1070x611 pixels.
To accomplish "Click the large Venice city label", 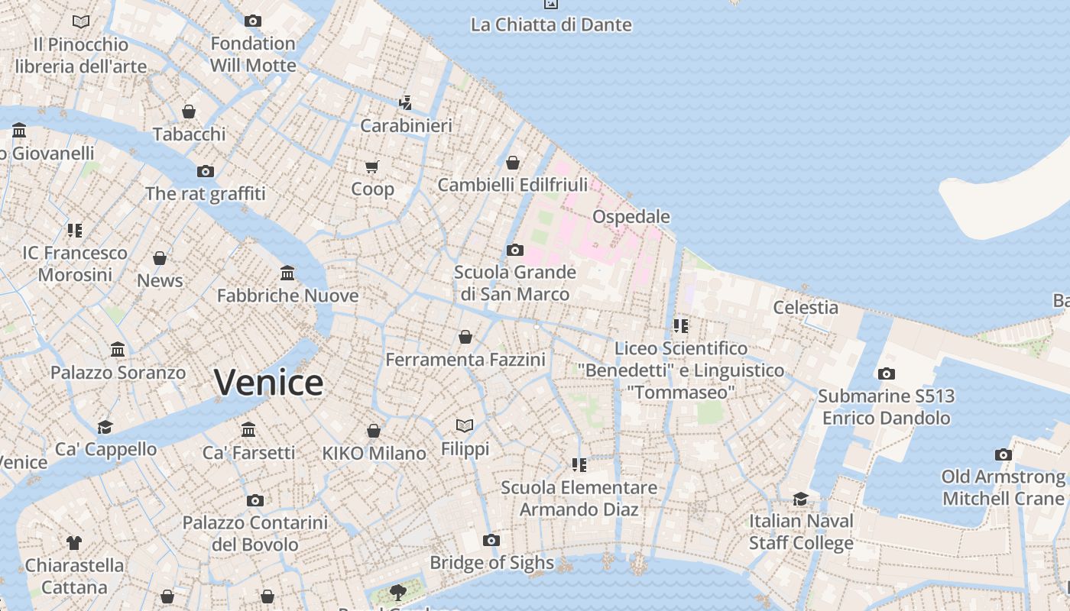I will click(x=268, y=382).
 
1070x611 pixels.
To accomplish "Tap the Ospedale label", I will click(x=631, y=217).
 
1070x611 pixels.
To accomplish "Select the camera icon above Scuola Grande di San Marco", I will click(x=515, y=250).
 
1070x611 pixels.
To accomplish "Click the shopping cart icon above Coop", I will click(x=372, y=166).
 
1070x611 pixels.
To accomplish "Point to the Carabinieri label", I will click(x=406, y=125).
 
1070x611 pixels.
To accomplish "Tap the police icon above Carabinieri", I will click(x=406, y=102).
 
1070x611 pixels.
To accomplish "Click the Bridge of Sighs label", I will click(x=491, y=563).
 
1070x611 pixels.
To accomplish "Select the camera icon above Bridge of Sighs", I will click(x=491, y=541).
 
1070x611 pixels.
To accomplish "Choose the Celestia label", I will click(x=806, y=307).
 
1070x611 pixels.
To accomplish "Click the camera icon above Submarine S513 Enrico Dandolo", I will click(x=887, y=373).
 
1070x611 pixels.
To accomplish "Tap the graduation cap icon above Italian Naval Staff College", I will click(x=800, y=499).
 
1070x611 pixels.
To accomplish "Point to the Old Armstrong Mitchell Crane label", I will click(x=1003, y=487).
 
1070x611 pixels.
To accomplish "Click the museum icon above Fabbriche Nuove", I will click(x=287, y=273).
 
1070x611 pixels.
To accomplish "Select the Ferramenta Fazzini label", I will click(x=465, y=359).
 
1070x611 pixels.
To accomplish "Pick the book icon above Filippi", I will click(x=465, y=425).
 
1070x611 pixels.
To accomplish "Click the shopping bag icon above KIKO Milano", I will click(x=374, y=431).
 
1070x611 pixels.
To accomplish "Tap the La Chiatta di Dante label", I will click(x=551, y=24).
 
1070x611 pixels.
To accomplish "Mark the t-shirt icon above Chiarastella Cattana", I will click(x=74, y=543).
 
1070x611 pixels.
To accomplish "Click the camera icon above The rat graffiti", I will click(x=206, y=171).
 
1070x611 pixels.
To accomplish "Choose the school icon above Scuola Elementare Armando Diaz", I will click(x=579, y=464).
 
